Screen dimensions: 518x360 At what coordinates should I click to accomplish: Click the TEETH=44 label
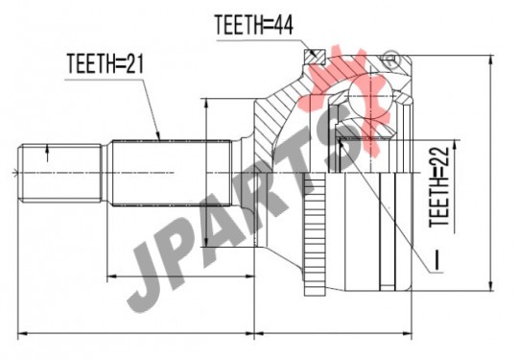pos(253,25)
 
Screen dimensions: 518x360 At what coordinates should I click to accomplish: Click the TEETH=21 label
pos(106,63)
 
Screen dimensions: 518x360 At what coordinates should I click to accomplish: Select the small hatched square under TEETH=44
pos(315,57)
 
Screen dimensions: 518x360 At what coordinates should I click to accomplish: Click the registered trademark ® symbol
pos(390,60)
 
